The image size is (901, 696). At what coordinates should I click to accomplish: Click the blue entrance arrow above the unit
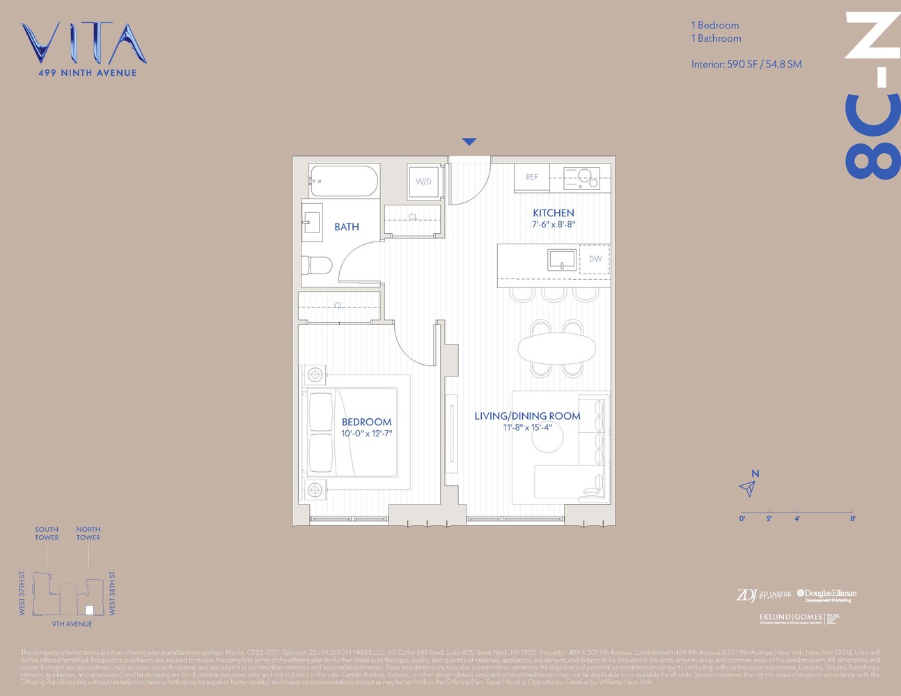coord(469,142)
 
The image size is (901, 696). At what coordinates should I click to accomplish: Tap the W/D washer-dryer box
coord(423,182)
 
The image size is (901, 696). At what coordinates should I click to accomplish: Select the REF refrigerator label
coord(532,177)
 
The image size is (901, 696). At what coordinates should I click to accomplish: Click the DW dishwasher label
coord(595,259)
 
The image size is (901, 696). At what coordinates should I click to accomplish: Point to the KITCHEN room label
coord(554,213)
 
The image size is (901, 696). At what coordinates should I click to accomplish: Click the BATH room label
coord(347,227)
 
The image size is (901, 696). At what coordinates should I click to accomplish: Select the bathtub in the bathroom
coord(344,181)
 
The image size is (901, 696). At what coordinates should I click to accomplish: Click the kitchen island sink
coord(561,260)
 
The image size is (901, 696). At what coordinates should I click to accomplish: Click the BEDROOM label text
coord(366,422)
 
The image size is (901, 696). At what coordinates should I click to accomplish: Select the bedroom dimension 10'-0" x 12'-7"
coord(366,434)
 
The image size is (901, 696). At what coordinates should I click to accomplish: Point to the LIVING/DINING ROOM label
coord(527,416)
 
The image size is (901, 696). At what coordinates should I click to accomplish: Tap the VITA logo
coord(84,43)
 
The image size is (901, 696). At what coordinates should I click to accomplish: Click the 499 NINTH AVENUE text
coord(88,72)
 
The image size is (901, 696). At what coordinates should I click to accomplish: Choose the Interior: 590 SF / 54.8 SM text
coord(746,64)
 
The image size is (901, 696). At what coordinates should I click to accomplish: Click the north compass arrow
coord(748,488)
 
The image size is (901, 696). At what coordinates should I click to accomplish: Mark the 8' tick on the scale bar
coord(852,518)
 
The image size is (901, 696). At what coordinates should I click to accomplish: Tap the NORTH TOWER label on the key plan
coord(88,533)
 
